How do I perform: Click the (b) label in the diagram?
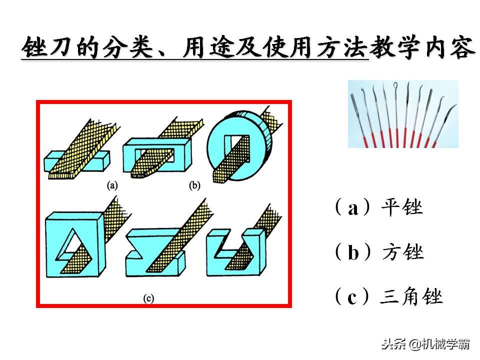[x=194, y=185]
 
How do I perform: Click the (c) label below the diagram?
[x=148, y=298]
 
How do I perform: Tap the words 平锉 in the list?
[x=402, y=207]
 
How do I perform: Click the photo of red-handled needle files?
[x=403, y=114]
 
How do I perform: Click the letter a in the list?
[x=353, y=208]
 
